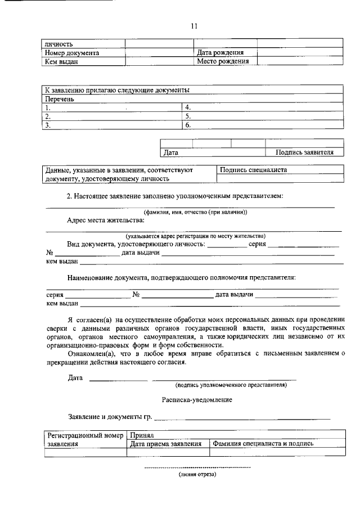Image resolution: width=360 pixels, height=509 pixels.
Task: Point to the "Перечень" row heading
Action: pyautogui.click(x=60, y=99)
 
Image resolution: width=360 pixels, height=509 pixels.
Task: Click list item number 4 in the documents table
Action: pyautogui.click(x=188, y=107)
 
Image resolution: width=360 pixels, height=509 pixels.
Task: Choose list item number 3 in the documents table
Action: pyautogui.click(x=49, y=126)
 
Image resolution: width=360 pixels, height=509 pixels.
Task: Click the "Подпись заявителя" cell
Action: pyautogui.click(x=304, y=152)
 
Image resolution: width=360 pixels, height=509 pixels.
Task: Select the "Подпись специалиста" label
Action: pyautogui.click(x=254, y=169)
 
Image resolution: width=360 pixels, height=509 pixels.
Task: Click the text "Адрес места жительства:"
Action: pyautogui.click(x=101, y=221)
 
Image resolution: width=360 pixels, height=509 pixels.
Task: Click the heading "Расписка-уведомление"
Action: pyautogui.click(x=193, y=399)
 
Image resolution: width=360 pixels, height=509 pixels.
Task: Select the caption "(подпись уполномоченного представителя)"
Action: pyautogui.click(x=231, y=385)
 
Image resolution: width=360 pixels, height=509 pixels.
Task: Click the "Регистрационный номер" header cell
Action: pyautogui.click(x=85, y=435)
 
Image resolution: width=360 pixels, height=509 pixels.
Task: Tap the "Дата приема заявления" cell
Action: pyautogui.click(x=166, y=444)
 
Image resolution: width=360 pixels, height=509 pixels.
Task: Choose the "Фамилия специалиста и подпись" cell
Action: pyautogui.click(x=263, y=444)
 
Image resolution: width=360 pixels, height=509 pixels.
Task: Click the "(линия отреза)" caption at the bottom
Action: pyautogui.click(x=197, y=474)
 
